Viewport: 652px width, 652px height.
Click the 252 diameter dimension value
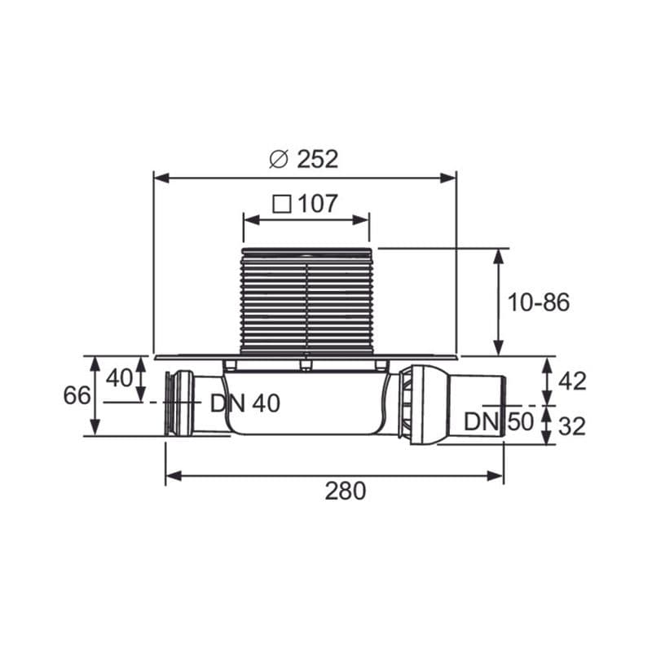point(317,159)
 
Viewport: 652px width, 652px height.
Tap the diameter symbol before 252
point(279,159)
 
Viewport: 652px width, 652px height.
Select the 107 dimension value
point(318,204)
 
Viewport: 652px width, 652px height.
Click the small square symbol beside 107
point(281,205)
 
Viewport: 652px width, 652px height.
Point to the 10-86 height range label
point(539,302)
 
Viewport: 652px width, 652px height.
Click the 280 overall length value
point(346,491)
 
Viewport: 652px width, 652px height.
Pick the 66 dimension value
point(77,395)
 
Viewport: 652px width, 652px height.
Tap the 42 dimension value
point(572,381)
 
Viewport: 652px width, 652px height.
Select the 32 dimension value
point(572,426)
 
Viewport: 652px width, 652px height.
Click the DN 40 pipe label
point(245,403)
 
